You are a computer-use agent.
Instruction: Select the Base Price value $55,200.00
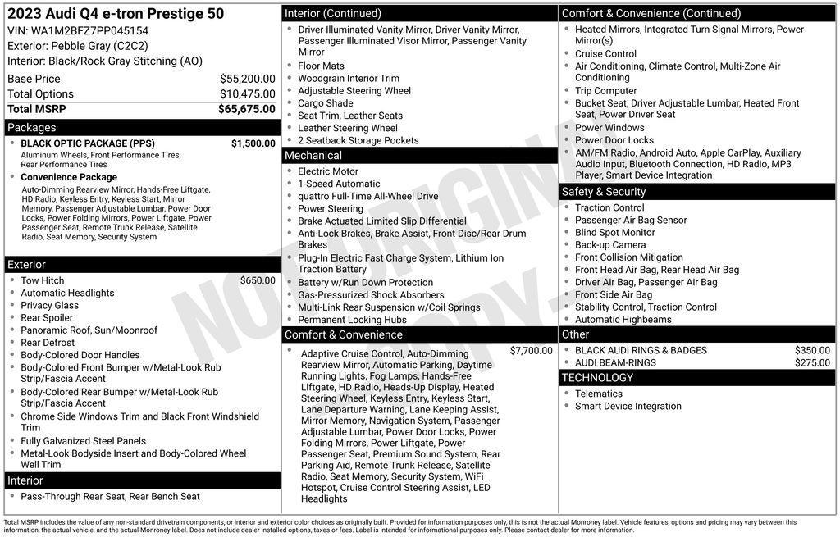(247, 79)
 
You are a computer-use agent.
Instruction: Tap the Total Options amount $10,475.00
(247, 93)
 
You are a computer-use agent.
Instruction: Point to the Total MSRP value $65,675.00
(246, 109)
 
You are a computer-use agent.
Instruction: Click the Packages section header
(32, 128)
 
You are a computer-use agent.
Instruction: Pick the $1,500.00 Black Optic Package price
(253, 143)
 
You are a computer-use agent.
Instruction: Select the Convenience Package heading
(69, 177)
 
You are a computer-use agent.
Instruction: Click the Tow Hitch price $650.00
(258, 280)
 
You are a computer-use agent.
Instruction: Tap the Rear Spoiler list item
(47, 318)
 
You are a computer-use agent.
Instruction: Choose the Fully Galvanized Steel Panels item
(83, 441)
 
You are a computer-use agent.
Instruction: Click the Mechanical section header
(313, 156)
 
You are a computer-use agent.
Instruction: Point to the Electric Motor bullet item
(328, 171)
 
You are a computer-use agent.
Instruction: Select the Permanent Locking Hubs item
(352, 320)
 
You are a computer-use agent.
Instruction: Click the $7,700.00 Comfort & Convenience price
(531, 351)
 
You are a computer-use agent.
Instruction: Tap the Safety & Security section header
(604, 192)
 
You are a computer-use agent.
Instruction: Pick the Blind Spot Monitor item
(614, 233)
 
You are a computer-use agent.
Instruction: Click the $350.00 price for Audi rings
(812, 351)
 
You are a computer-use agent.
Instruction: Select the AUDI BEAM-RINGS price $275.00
(812, 363)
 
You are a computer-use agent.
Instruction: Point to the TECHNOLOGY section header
(597, 378)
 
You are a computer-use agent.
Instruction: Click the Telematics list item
(598, 394)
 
